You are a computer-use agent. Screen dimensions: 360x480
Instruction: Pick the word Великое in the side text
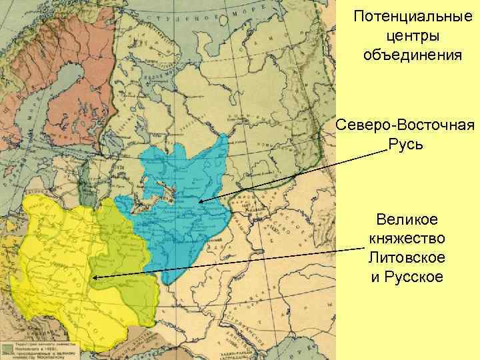tap(407, 219)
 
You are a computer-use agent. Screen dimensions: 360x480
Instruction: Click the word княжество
tap(407, 238)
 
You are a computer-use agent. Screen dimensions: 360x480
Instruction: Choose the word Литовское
tap(407, 257)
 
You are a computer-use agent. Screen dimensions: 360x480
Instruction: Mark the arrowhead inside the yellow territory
tap(96, 277)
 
